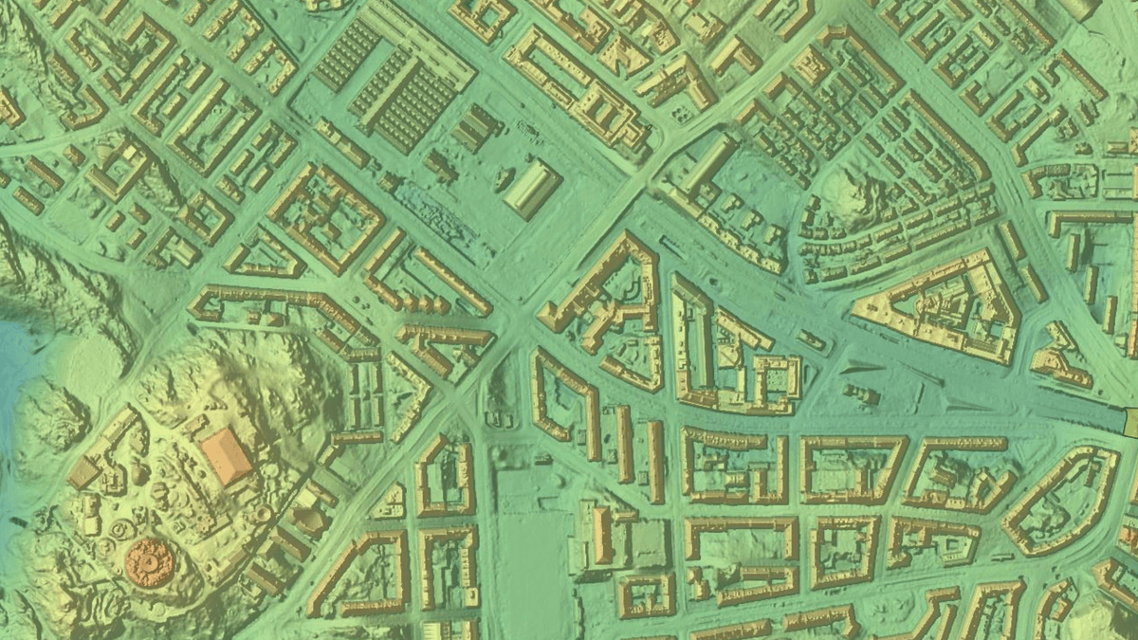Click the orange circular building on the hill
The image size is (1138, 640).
[150, 562]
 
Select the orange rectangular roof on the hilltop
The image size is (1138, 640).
[227, 454]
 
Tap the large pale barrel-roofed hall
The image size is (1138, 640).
[532, 188]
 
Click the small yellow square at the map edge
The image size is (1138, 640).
[1131, 420]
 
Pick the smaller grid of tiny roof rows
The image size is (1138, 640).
[347, 54]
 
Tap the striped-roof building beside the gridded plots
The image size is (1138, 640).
[477, 128]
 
